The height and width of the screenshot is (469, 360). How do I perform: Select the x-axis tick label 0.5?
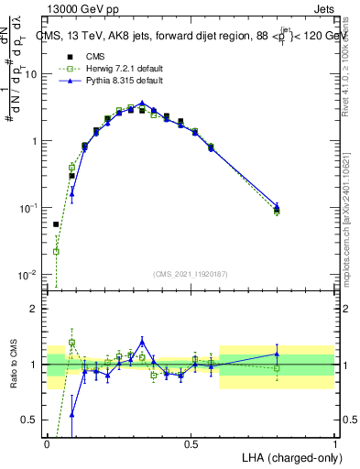pyautogui.click(x=191, y=443)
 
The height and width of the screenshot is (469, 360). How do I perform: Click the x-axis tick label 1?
pyautogui.click(x=334, y=443)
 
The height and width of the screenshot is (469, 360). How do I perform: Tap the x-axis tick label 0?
pyautogui.click(x=48, y=443)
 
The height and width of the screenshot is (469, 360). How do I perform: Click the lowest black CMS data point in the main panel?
pyautogui.click(x=56, y=224)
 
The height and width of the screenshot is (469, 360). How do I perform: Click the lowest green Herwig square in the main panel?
pyautogui.click(x=56, y=251)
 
